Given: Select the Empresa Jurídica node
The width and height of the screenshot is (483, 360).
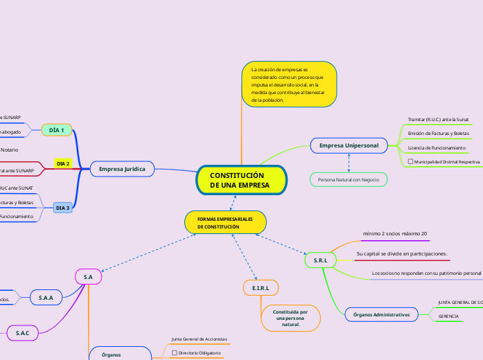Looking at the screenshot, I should click(122, 169).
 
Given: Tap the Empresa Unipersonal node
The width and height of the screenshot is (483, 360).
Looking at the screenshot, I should click(349, 146).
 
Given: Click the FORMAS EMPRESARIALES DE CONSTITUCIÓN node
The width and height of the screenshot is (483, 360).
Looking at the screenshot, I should click(225, 222).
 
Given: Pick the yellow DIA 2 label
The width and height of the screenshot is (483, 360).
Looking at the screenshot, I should click(63, 163).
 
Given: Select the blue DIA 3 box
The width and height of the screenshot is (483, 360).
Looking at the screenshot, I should click(62, 208).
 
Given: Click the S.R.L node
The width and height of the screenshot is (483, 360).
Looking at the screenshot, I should click(320, 260).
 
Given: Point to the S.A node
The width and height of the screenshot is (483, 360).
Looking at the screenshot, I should click(88, 277).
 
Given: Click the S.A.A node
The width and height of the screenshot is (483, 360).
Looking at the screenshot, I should click(46, 297).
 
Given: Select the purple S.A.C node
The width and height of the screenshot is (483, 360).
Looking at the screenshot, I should click(23, 333).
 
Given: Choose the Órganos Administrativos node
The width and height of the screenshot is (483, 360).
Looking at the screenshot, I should click(380, 315).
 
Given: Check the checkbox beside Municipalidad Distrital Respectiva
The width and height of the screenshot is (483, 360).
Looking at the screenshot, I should click(410, 161).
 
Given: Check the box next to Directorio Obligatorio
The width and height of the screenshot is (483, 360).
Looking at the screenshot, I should click(174, 353).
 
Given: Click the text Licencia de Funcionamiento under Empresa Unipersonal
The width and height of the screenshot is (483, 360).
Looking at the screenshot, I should click(436, 147).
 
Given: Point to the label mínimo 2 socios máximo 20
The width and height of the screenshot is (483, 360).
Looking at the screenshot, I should click(395, 234).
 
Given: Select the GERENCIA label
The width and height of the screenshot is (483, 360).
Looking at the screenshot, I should click(448, 316).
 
